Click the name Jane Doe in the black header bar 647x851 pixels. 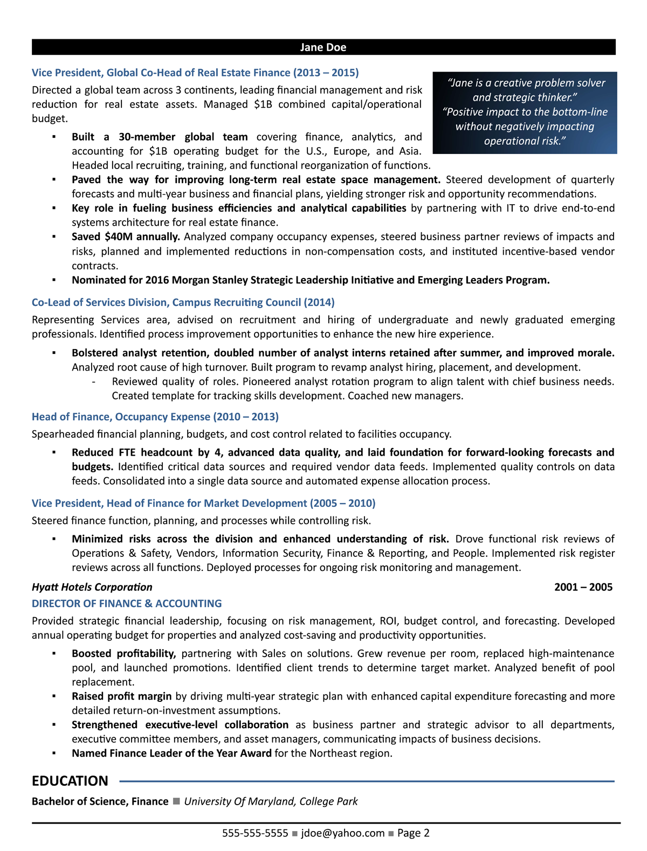323,47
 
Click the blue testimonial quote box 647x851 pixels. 525,112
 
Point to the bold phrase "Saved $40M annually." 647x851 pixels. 126,236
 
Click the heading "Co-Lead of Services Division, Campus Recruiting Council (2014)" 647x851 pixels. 183,302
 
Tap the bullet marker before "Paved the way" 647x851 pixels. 54,180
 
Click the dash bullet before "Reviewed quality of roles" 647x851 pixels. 94,382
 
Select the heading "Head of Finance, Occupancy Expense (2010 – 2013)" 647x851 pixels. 155,416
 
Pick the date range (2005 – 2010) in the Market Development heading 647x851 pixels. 342,503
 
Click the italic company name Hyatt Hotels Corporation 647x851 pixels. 92,587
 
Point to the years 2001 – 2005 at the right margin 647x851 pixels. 583,587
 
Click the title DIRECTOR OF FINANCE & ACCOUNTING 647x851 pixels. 127,603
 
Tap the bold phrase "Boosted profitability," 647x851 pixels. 124,653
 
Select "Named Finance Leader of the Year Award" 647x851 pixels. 171,753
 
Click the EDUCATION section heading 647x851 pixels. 70,781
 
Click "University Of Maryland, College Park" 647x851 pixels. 271,801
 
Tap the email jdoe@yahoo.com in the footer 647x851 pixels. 343,833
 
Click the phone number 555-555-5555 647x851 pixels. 255,833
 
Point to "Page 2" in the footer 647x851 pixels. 413,833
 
